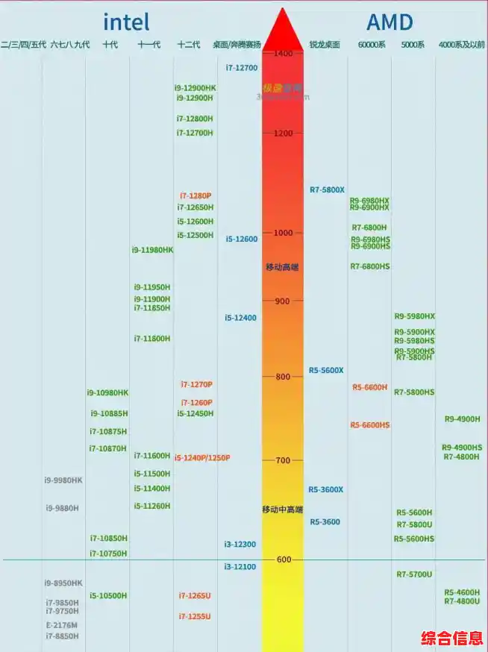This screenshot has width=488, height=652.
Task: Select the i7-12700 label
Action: coord(242,68)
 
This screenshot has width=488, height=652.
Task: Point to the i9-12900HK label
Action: coord(195,88)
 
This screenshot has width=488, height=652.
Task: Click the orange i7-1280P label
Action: coord(195,195)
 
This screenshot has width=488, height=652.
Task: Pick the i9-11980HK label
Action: coord(152,250)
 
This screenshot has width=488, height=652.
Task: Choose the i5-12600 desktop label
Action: coord(242,239)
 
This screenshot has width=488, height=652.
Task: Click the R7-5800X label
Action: coord(327,190)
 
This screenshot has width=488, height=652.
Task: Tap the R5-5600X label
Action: coord(326,371)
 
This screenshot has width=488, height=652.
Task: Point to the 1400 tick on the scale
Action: coord(283,54)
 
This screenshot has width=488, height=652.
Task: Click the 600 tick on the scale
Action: coord(283,559)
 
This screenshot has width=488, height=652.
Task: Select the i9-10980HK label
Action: coord(107,392)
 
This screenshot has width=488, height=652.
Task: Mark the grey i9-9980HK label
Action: coord(63,480)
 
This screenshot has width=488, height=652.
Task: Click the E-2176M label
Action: coord(61,625)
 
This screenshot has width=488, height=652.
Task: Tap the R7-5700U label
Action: coord(414,574)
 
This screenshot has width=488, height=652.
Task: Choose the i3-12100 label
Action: coord(240,567)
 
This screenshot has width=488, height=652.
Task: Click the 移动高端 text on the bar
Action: coord(282,267)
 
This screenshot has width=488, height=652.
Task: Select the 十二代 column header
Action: coord(189,45)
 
